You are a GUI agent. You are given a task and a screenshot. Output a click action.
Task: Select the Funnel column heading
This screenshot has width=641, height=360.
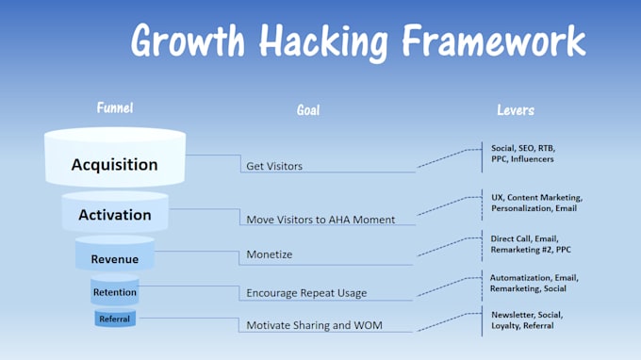(114, 108)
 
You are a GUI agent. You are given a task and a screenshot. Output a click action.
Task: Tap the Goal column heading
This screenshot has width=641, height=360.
(308, 110)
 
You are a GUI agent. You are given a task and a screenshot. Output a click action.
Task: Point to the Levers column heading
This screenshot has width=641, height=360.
(516, 110)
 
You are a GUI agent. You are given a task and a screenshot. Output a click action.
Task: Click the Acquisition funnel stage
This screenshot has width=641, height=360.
(114, 164)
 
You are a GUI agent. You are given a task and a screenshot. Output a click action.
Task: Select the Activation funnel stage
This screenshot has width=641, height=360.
(114, 215)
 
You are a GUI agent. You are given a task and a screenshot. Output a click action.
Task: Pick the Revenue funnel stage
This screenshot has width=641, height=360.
(114, 259)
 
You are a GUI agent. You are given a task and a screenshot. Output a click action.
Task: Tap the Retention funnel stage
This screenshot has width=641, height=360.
(114, 292)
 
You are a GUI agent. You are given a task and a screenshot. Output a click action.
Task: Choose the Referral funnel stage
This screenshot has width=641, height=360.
(114, 319)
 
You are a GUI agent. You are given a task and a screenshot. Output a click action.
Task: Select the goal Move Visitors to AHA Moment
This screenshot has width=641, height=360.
(320, 220)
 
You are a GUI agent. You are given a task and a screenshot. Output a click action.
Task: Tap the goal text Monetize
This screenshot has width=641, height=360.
(270, 255)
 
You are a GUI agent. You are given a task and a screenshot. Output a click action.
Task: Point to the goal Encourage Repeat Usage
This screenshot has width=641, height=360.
(306, 293)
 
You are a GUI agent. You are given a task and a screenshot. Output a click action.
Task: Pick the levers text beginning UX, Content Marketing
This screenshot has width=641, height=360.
(535, 203)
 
